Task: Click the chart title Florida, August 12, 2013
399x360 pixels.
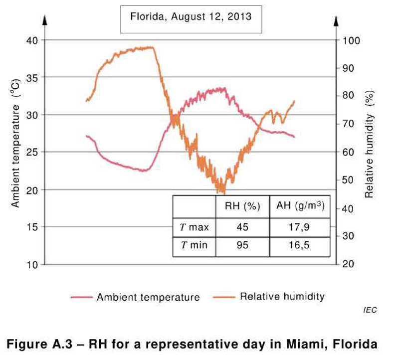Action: (x=191, y=16)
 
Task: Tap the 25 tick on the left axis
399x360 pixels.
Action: (x=31, y=152)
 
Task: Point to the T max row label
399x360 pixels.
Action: (x=194, y=228)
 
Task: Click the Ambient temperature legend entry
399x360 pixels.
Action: (x=148, y=297)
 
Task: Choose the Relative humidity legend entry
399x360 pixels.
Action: (x=282, y=297)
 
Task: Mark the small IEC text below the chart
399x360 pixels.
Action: (x=370, y=310)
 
